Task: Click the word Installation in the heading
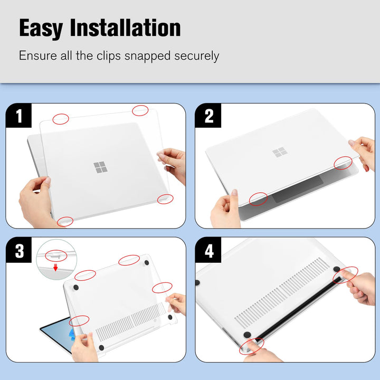(x=127, y=27)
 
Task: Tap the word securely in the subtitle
(x=193, y=55)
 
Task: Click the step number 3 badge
(x=19, y=251)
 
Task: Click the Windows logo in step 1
(x=100, y=168)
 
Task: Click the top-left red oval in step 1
(x=61, y=119)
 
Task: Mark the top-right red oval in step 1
(x=140, y=110)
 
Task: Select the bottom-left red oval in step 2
(x=258, y=198)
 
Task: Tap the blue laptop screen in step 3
(x=55, y=332)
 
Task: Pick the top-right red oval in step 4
(x=346, y=274)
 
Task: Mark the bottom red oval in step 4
(x=252, y=346)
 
